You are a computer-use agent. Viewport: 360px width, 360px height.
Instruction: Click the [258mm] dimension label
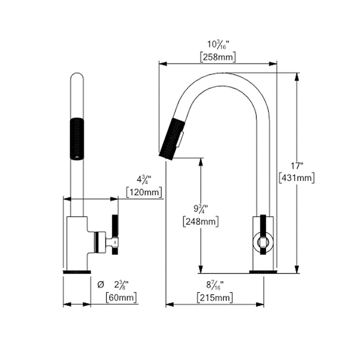coord(218,57)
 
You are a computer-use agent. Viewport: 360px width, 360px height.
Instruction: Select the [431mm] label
coord(297,177)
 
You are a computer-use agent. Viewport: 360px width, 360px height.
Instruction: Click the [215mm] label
coord(215,297)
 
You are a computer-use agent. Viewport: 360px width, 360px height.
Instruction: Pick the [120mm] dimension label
coord(144,193)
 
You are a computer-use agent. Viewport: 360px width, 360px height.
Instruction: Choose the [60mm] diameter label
coord(121,297)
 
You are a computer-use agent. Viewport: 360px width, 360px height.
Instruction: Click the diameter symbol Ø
coord(100,284)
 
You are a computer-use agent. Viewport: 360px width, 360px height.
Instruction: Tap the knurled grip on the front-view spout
coord(77,138)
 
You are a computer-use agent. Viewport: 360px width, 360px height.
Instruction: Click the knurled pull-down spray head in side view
coord(172,138)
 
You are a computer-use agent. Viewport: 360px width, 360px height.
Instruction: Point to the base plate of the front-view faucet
coord(77,272)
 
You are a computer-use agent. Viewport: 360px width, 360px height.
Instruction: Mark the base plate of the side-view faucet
coord(263,272)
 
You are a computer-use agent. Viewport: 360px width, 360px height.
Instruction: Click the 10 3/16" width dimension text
coord(218,45)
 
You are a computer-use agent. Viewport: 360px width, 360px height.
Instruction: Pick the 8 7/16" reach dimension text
coord(215,285)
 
